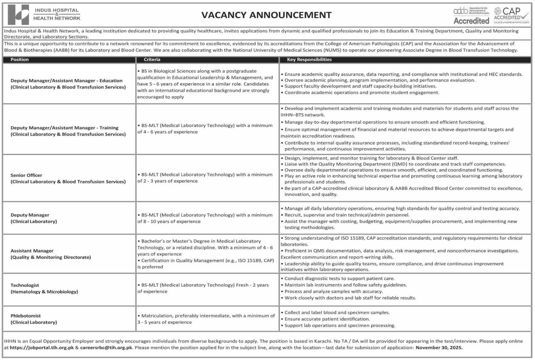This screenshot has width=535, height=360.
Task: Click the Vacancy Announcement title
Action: pos(266,15)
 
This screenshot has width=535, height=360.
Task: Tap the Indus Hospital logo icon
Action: pos(19,15)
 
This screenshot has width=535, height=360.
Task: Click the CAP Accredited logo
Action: pos(511,15)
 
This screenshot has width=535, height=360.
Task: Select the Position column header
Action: pos(19,60)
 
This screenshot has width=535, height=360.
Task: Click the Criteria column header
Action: pos(152,60)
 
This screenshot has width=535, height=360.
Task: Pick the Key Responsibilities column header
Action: pos(309,60)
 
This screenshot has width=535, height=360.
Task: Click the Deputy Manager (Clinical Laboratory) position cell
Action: pos(33,218)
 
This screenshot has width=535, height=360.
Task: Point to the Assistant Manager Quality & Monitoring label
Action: pos(50,254)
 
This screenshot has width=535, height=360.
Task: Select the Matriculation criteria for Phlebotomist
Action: pos(206,319)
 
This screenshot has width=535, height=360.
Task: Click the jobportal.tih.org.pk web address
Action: pos(42,348)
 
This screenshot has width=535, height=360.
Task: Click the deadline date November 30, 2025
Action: pos(439,348)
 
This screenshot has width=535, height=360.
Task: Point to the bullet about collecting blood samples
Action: pos(337,312)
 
